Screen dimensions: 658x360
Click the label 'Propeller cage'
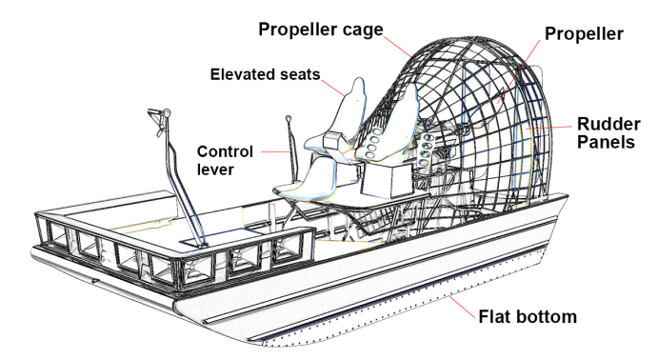[x=321, y=30]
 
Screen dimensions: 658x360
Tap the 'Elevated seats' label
[x=266, y=74]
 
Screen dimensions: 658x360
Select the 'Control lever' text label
[x=225, y=160]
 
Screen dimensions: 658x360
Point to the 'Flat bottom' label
[x=528, y=316]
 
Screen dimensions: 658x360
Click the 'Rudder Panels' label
[x=608, y=133]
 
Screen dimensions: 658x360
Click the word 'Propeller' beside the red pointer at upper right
[x=584, y=34]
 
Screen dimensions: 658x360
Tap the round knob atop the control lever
[x=289, y=119]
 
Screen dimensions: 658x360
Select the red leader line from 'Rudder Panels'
[x=548, y=127]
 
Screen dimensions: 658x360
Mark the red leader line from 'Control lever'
[x=276, y=151]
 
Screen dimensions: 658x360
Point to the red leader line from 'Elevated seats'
[x=334, y=88]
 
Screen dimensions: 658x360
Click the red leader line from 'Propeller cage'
[x=398, y=47]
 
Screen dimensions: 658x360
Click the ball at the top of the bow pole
[x=167, y=112]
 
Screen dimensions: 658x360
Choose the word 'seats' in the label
[x=299, y=74]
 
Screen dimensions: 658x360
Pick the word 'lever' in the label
[x=215, y=170]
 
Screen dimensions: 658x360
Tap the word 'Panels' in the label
[x=606, y=142]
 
